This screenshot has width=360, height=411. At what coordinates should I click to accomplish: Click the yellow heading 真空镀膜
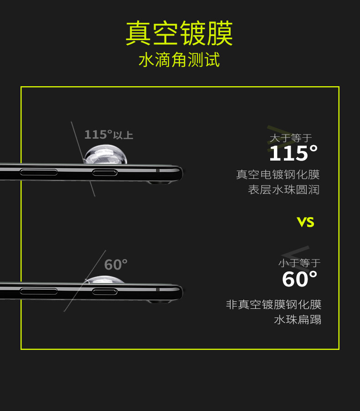[179, 33]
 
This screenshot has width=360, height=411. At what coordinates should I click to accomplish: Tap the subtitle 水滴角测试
[179, 60]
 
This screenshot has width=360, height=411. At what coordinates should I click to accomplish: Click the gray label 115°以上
[108, 135]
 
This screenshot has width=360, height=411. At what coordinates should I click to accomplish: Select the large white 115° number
[293, 154]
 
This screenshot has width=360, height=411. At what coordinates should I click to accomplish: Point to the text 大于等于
[291, 138]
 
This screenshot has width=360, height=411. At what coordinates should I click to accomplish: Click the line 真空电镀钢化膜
[278, 175]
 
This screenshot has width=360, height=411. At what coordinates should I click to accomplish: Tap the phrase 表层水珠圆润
[283, 190]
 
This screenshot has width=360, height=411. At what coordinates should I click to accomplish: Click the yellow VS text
[305, 222]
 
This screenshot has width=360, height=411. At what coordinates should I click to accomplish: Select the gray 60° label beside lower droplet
[116, 265]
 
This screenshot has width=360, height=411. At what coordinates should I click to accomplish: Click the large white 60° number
[299, 279]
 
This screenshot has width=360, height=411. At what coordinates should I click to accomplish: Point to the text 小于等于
[299, 263]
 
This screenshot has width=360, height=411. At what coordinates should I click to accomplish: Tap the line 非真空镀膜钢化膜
[273, 305]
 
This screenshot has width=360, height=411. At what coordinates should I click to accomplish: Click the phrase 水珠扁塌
[297, 320]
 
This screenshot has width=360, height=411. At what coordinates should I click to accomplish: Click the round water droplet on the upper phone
[105, 154]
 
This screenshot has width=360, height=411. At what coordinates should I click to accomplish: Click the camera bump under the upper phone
[159, 182]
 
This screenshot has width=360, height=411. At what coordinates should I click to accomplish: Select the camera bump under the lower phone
[159, 301]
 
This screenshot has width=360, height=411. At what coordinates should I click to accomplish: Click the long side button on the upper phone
[39, 172]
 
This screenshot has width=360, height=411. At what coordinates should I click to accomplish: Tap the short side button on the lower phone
[105, 291]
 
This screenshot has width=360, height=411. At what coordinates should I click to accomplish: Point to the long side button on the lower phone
[39, 291]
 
